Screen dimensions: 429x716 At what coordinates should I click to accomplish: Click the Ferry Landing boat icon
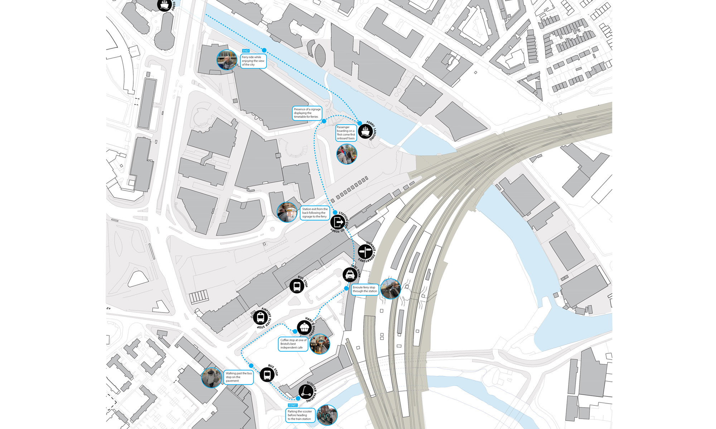click(365, 131)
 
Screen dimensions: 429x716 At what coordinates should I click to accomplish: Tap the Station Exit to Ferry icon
click(338, 222)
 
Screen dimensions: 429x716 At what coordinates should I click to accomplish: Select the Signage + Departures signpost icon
click(365, 252)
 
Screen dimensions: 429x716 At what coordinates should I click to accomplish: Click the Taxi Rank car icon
click(349, 275)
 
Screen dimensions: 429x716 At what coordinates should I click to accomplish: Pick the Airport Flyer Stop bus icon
click(260, 317)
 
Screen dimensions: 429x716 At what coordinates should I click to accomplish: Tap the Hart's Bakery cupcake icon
click(304, 327)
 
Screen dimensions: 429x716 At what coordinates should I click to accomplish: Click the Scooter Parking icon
click(305, 391)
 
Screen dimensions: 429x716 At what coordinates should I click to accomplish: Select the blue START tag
click(292, 405)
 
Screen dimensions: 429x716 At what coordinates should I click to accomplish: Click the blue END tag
click(246, 51)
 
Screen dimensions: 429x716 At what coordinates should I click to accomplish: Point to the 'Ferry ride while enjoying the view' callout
click(253, 61)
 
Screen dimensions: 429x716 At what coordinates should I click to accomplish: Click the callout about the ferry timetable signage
click(307, 113)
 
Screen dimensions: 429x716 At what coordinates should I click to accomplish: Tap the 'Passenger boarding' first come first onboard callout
click(346, 133)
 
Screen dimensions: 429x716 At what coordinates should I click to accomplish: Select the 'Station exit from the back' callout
click(315, 213)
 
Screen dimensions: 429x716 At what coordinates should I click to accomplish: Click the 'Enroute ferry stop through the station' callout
click(365, 289)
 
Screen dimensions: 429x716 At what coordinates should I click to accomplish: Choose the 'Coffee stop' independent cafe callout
click(293, 344)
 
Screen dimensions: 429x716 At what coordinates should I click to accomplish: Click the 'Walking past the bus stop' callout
click(239, 377)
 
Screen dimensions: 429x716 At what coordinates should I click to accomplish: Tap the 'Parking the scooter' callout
click(300, 415)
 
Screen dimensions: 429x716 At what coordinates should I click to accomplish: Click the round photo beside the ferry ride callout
click(227, 60)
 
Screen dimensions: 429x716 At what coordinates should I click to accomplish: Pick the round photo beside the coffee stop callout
click(319, 344)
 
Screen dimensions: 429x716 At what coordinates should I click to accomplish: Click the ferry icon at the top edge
click(165, 5)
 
